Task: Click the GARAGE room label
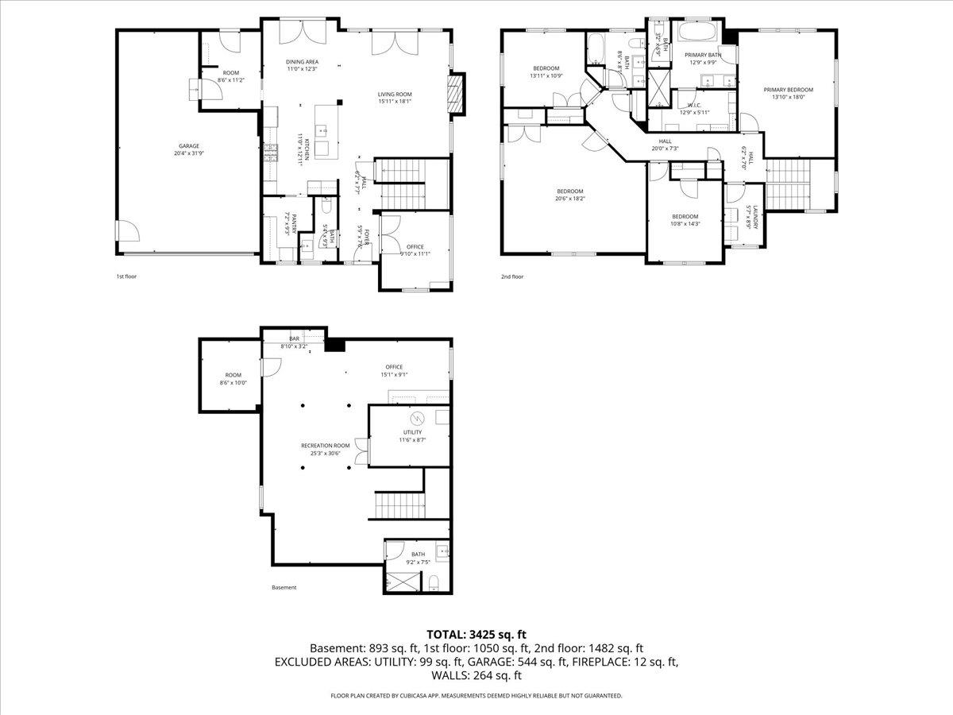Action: tap(188, 146)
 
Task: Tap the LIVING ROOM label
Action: tap(395, 93)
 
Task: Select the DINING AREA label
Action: tap(302, 61)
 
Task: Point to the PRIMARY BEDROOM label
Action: tap(789, 90)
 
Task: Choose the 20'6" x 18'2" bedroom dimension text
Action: tap(570, 199)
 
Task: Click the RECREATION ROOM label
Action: tap(325, 446)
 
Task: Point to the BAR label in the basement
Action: tap(295, 339)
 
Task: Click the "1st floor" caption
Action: tap(127, 277)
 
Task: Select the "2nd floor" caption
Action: tap(511, 277)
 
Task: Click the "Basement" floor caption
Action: tap(284, 588)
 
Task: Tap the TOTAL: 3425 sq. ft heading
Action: tap(476, 634)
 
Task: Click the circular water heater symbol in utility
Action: tap(417, 418)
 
